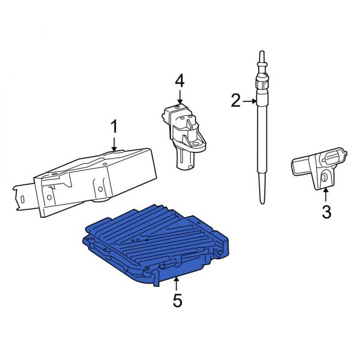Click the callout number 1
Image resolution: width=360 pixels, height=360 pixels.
point(114,127)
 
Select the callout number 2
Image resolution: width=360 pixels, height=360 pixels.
point(236,101)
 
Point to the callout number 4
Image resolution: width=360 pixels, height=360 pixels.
point(180,80)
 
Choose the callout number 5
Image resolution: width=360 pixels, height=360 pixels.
point(176,300)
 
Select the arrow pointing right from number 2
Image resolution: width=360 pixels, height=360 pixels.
point(250,101)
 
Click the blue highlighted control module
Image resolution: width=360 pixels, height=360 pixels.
point(156,240)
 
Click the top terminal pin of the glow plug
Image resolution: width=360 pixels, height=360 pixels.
point(262,57)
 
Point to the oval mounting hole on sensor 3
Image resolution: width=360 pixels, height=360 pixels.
point(323,178)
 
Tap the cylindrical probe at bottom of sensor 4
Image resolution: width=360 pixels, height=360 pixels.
point(182,160)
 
